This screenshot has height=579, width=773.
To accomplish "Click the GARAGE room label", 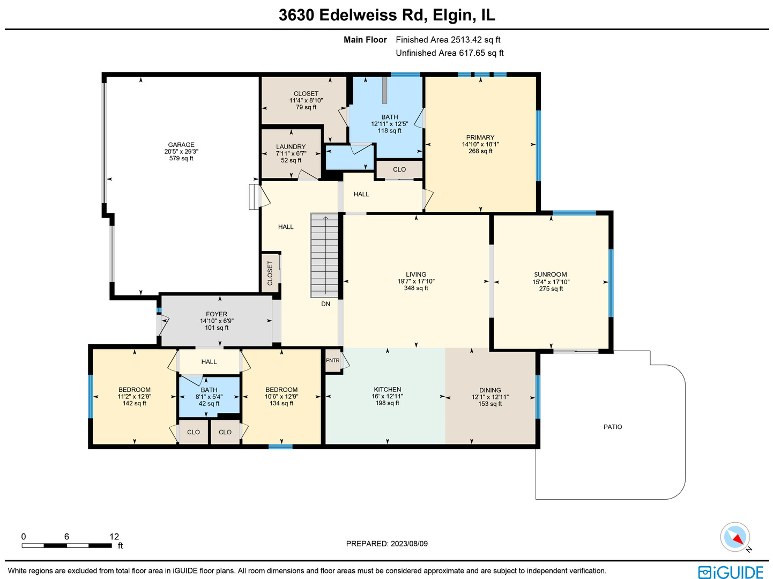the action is point(181,145).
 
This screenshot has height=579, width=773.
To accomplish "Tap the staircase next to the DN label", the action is point(324,256).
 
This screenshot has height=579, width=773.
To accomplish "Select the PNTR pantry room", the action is point(333,360).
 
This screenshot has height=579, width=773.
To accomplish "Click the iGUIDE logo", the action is point(731,572).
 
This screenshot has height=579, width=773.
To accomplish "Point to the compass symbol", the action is point(734,537).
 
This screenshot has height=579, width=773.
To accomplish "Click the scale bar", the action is point(66,546).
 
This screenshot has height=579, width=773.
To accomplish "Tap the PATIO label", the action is point(613,427).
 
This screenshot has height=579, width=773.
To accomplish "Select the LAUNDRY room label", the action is point(291,147).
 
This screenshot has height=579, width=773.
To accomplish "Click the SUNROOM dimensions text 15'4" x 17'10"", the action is point(551,282).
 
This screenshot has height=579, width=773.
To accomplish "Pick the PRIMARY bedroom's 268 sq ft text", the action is point(480,151).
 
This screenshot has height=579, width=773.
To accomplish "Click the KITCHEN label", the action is point(388,390).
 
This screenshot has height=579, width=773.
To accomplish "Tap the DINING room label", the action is point(490,390).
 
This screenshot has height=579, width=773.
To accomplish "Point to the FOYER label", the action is point(217,314).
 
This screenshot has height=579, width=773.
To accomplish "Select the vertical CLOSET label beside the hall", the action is point(270,273).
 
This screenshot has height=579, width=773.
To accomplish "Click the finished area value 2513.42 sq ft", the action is point(475,40).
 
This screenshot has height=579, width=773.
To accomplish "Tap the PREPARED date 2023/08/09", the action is point(409,544).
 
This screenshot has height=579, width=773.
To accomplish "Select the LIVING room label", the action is point(416,274).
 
